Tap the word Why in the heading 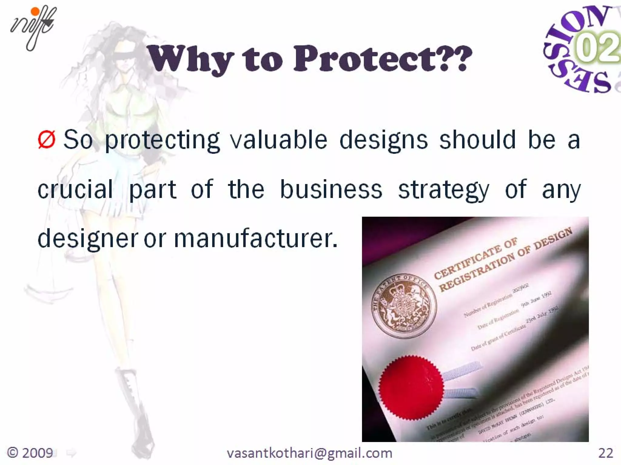click(x=191, y=58)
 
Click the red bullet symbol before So click(x=47, y=140)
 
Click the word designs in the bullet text click(x=383, y=140)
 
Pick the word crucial click(x=75, y=190)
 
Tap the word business click(x=331, y=190)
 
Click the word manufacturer click(x=255, y=239)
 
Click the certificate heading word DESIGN click(x=553, y=238)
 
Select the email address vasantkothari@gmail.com click(x=309, y=453)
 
